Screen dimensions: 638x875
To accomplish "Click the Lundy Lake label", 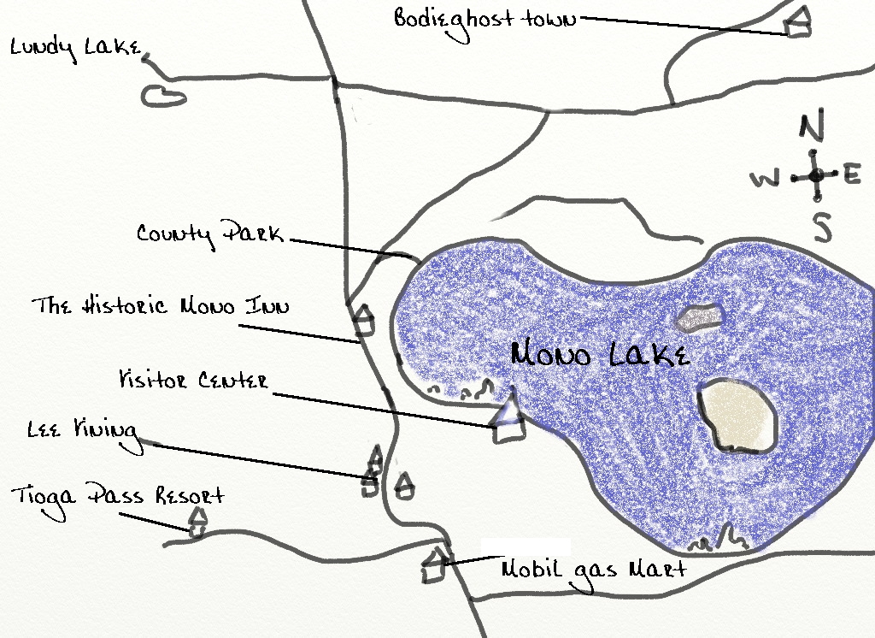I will pos(75,48).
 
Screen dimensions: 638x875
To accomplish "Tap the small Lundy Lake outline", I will pos(163,96).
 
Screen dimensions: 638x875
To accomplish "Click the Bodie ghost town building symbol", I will pos(798,24).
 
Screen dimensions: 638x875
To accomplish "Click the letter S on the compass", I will pos(821,227).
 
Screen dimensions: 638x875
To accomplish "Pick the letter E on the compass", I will pos(852,175).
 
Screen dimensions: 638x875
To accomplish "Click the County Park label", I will pos(210,233).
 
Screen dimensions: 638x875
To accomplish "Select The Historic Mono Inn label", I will pos(161,306).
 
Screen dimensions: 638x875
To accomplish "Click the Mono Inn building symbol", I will pos(365,320).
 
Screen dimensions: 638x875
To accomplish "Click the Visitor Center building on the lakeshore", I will pos(509,419).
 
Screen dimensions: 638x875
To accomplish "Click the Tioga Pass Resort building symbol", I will pos(197,522).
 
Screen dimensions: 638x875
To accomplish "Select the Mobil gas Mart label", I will pos(593,569).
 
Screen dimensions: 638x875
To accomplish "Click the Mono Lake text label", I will pos(600,354).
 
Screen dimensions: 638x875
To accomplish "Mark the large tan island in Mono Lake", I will pos(737,416).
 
